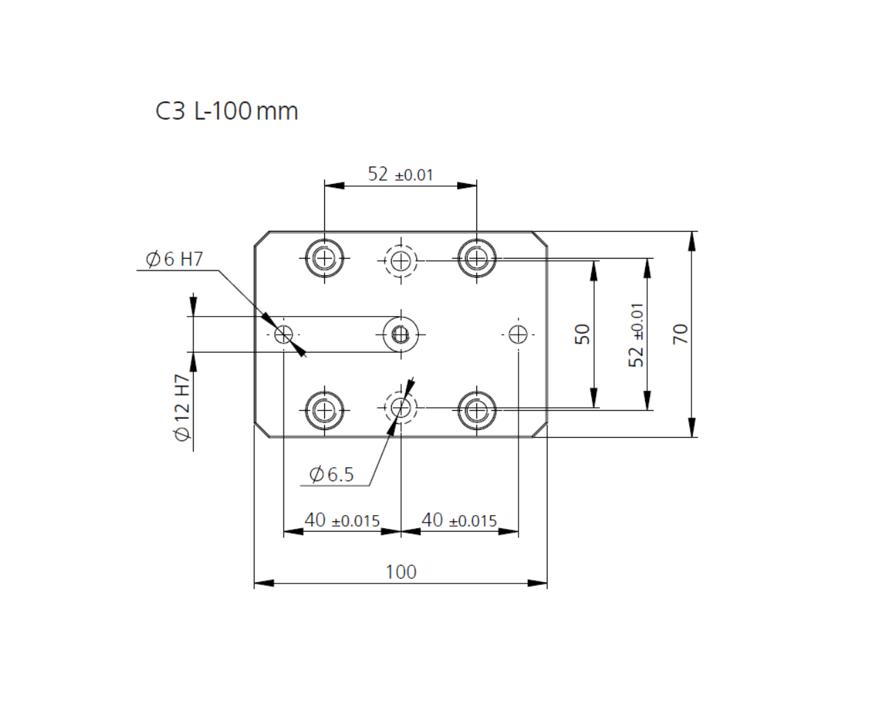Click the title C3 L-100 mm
coord(227,111)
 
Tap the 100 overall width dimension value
coord(401,572)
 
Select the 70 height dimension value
coord(680,334)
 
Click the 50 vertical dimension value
coord(582,334)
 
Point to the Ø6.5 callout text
coord(331,474)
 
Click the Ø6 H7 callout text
coord(174,259)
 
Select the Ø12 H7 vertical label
coord(183,408)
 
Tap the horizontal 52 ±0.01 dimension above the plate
coord(400,174)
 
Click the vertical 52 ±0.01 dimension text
coord(636,335)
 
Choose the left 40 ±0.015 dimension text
coord(342,520)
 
